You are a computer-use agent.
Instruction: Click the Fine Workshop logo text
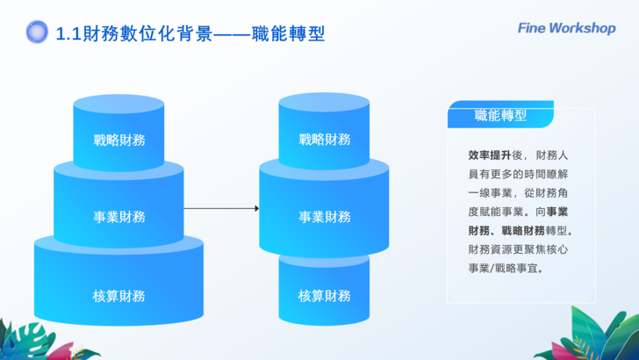[x=566, y=28]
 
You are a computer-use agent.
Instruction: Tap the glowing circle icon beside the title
[x=37, y=32]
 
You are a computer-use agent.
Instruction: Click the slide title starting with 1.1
[x=190, y=33]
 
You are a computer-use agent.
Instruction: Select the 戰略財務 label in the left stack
[x=119, y=140]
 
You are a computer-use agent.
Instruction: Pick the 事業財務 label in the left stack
[x=119, y=217]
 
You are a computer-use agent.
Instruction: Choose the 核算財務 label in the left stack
[x=119, y=295]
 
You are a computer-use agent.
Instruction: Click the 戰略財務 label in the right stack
[x=325, y=140]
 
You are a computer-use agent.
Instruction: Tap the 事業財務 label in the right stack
[x=325, y=217]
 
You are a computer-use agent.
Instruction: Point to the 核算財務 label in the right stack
[x=325, y=295]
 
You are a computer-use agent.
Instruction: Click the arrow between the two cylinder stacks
[x=221, y=209]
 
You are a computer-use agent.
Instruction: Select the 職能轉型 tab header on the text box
[x=500, y=115]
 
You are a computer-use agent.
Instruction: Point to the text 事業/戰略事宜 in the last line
[x=506, y=268]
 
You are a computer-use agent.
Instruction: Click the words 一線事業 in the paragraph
[x=487, y=192]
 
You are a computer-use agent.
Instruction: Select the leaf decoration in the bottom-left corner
[x=26, y=341]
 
